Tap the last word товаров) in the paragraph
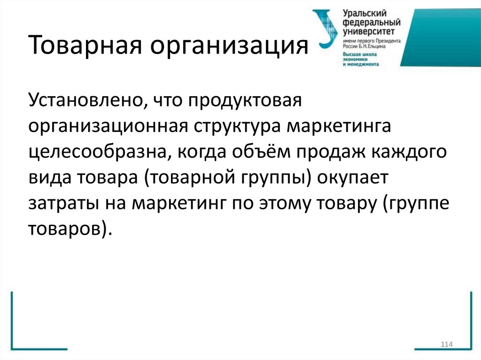[x=70, y=231]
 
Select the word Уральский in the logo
[x=365, y=13]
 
